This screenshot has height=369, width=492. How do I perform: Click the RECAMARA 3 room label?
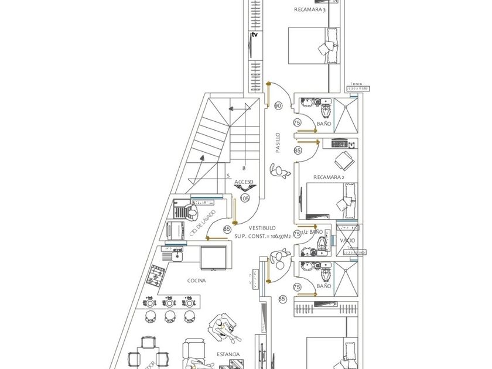pyautogui.click(x=310, y=9)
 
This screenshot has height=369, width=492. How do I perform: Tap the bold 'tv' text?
pyautogui.click(x=254, y=35)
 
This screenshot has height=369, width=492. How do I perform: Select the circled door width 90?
pyautogui.click(x=278, y=106)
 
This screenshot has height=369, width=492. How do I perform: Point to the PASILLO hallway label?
pyautogui.click(x=278, y=143)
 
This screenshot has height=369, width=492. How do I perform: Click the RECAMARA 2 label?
pyautogui.click(x=329, y=177)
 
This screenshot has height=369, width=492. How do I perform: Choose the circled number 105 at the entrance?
pyautogui.click(x=245, y=198)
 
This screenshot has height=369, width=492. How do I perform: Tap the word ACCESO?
pyautogui.click(x=244, y=182)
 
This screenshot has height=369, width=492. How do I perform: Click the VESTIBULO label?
pyautogui.click(x=262, y=227)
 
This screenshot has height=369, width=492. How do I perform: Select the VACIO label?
pyautogui.click(x=347, y=241)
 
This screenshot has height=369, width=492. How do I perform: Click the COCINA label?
pyautogui.click(x=197, y=281)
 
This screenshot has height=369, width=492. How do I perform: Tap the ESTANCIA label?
pyautogui.click(x=228, y=354)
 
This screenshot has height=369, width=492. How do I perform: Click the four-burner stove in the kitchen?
pyautogui.click(x=157, y=275)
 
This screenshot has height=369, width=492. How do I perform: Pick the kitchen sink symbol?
pyautogui.click(x=173, y=253)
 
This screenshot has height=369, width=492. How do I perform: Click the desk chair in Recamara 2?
pyautogui.click(x=344, y=159)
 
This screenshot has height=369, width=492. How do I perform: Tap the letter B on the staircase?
pyautogui.click(x=244, y=168)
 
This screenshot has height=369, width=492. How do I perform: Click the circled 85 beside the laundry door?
pyautogui.click(x=227, y=230)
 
